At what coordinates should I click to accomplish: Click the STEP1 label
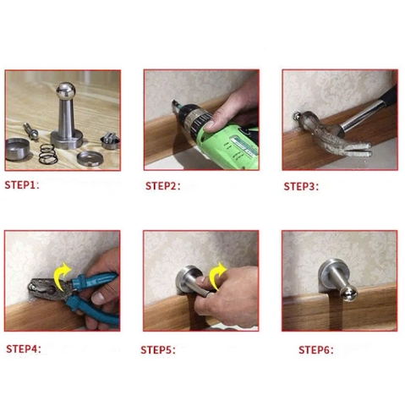click(x=22, y=185)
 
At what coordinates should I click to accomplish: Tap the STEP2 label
click(x=162, y=186)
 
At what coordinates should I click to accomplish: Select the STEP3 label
click(x=301, y=186)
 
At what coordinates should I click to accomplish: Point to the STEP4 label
click(x=24, y=348)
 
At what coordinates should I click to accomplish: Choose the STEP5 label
click(x=158, y=350)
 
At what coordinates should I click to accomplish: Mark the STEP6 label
click(x=316, y=350)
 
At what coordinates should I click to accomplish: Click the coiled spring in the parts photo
click(x=48, y=154)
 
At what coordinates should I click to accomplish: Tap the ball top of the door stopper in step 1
click(x=66, y=91)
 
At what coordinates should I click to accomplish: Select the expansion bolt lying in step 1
click(x=30, y=130)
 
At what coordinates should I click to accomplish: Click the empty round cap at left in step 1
click(x=18, y=149)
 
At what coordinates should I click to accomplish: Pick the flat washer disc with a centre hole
click(x=90, y=158)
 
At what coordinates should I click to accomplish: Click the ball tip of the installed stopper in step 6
click(x=349, y=294)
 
